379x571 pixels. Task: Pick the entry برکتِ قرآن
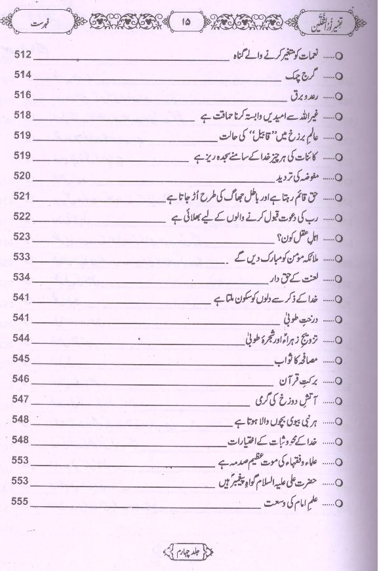pos(304,380)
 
